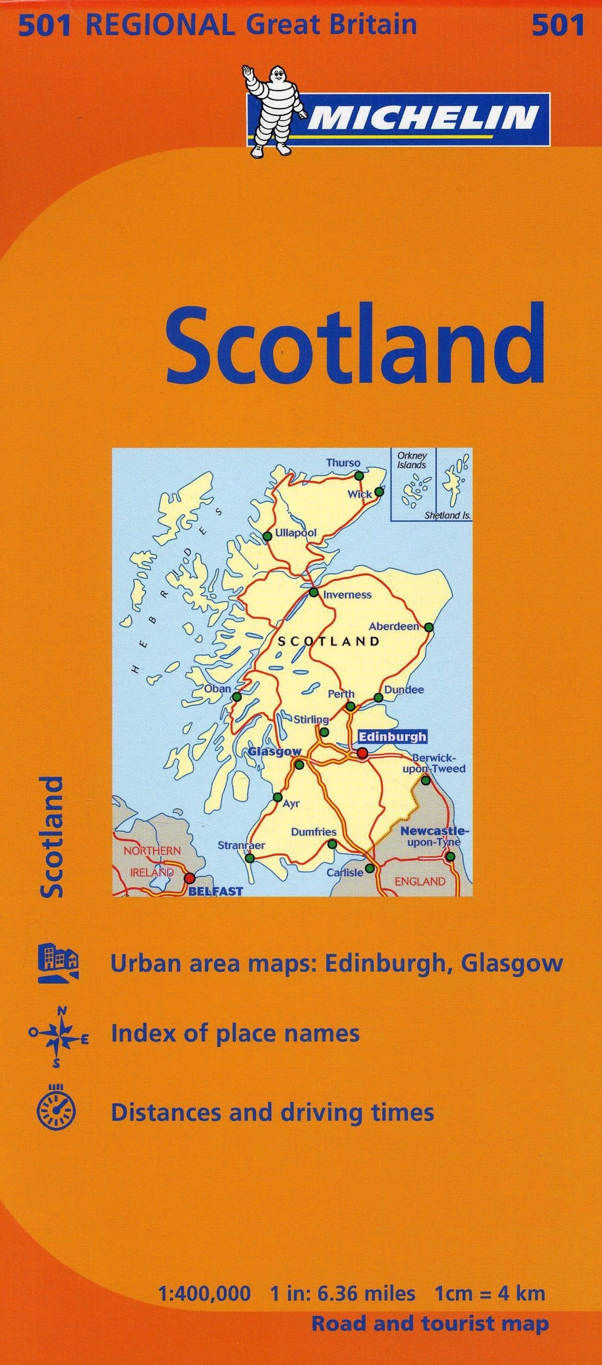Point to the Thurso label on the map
[343, 462]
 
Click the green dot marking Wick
[379, 491]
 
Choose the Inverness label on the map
[347, 595]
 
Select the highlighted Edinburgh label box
[392, 736]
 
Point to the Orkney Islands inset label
[412, 460]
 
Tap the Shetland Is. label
[447, 515]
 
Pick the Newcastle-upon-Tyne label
[434, 836]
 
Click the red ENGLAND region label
[420, 881]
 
